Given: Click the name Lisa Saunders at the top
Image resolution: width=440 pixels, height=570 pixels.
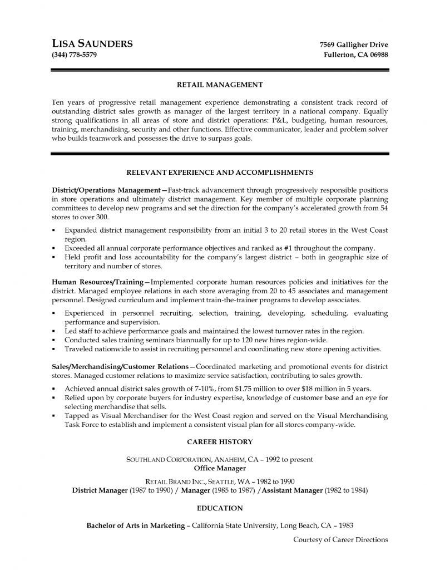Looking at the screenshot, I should [x=92, y=44].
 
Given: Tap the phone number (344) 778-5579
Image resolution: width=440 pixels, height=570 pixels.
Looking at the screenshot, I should [x=76, y=55].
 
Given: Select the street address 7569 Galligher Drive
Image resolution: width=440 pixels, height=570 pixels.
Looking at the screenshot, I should [x=354, y=45].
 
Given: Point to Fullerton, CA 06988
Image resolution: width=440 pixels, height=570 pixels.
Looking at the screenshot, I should [x=356, y=55].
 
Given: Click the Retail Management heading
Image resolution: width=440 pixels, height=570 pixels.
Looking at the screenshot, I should [x=219, y=85].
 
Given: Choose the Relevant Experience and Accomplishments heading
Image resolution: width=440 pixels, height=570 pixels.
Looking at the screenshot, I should [x=220, y=172].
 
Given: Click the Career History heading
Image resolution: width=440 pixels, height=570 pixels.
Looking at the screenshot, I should [x=220, y=441].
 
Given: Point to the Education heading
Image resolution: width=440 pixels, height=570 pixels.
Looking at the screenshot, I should [x=220, y=508].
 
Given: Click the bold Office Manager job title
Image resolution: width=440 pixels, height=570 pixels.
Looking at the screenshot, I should [x=220, y=469].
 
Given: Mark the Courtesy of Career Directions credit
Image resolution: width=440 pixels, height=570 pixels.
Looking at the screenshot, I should [x=340, y=539].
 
